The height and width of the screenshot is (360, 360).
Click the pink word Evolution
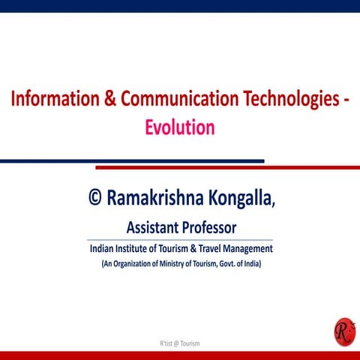(x=180, y=127)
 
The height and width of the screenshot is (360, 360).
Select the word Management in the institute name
(x=249, y=249)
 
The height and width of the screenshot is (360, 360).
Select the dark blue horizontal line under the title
(x=132, y=160)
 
